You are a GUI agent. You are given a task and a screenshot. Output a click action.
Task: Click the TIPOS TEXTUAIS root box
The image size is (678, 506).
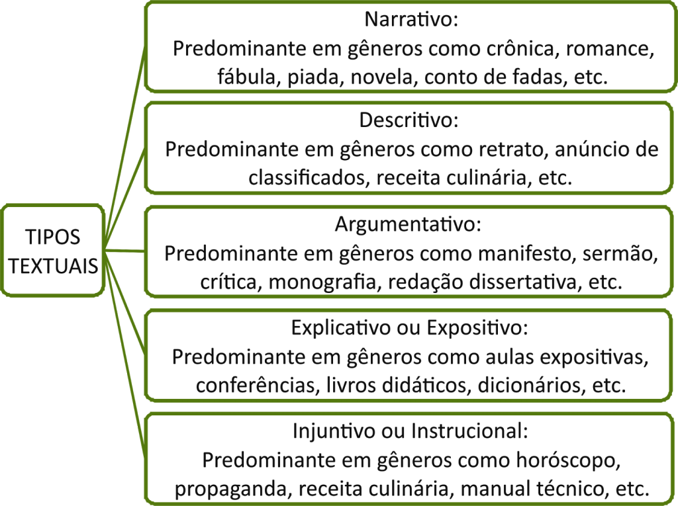point(53,251)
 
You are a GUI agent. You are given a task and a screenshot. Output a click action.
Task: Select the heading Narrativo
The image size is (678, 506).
point(411,19)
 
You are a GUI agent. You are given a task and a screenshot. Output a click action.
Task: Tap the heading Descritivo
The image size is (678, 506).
point(409,120)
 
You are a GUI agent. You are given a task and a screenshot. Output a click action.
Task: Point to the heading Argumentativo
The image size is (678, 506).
point(408,224)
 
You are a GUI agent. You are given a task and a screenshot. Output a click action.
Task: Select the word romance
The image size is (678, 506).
point(610,50)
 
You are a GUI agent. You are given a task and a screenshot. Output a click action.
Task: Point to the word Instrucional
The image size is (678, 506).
point(469,431)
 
